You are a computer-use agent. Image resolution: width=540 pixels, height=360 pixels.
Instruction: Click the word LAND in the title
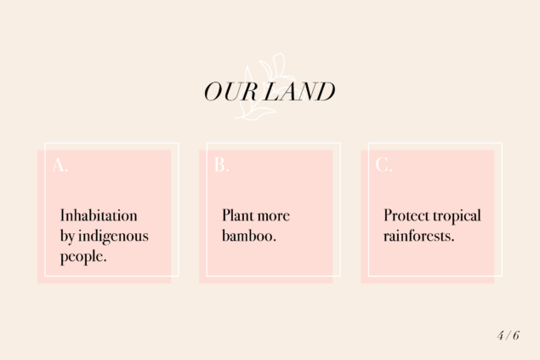pos(299,92)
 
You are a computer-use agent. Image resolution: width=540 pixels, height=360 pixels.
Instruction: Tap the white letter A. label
pos(60,164)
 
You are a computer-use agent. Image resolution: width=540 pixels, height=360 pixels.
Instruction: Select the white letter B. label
pos(221,164)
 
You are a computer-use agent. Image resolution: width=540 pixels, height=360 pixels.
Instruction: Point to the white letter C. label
pos(384,164)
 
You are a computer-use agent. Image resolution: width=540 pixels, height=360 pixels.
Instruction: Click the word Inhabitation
pos(99,215)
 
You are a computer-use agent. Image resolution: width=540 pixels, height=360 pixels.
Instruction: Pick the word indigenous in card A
pos(113,237)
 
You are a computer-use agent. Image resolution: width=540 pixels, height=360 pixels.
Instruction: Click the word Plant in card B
pos(237,215)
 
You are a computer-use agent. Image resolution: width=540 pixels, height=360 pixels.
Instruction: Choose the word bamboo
pos(249,236)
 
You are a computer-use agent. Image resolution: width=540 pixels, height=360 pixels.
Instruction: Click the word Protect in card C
pos(406,215)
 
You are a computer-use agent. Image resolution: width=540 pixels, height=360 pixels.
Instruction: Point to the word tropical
pos(457,216)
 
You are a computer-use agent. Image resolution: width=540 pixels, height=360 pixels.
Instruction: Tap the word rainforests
pos(419,236)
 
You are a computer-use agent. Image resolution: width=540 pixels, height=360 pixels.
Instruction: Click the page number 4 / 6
pos(509,335)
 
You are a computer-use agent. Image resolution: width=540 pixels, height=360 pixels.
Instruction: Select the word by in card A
pos(67,237)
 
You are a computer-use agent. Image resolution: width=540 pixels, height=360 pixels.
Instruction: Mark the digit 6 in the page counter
pos(516,335)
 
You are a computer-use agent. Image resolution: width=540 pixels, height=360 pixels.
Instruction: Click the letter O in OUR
pos(213,92)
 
